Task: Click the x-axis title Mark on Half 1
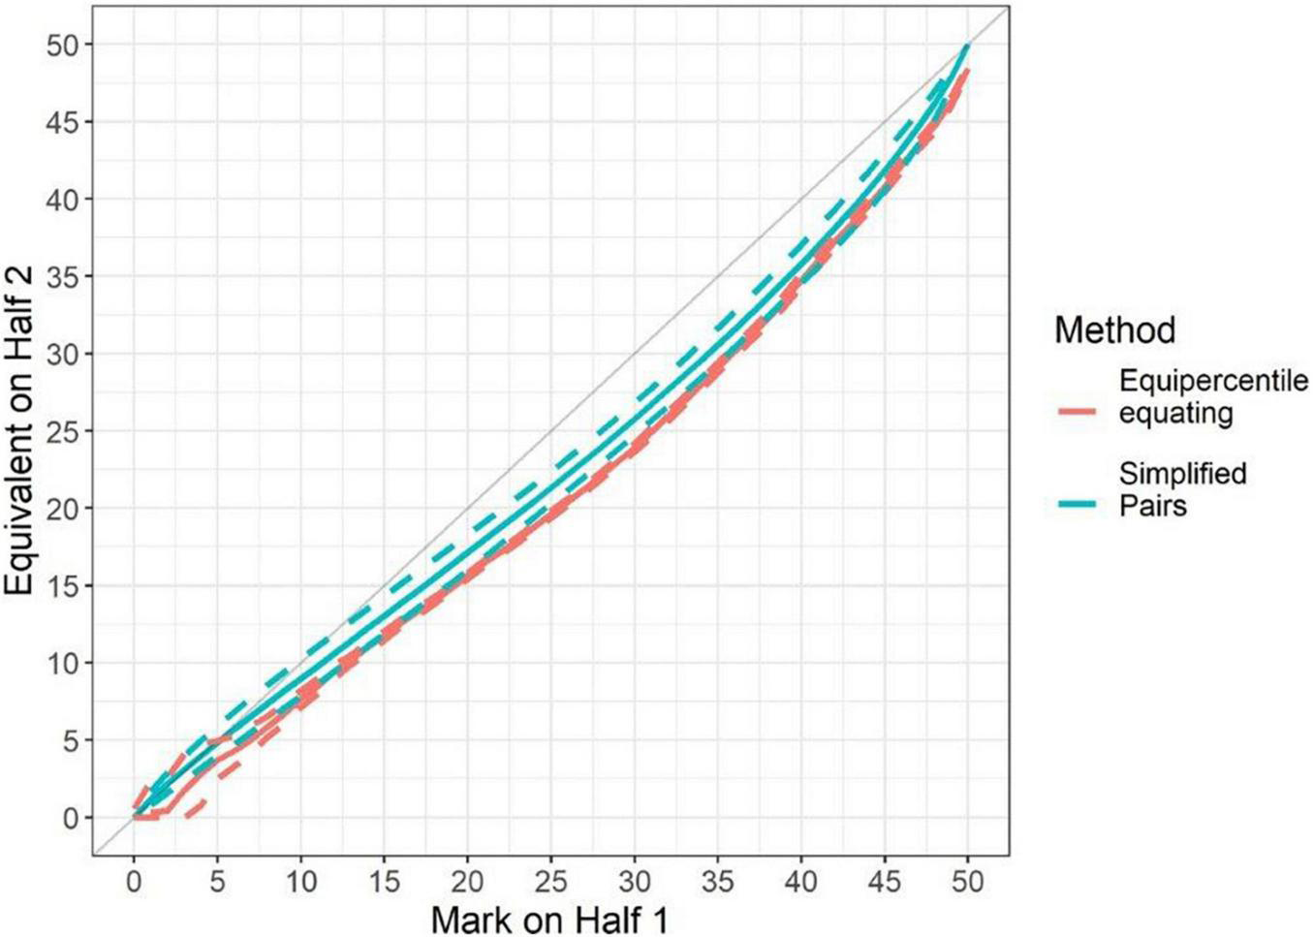pos(549,919)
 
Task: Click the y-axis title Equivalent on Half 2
pos(21,431)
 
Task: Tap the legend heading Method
pos(1114,330)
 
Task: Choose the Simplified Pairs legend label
pos(1182,489)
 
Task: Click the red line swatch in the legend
pos(1075,412)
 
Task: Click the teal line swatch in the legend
pos(1075,504)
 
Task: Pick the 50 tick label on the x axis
pos(968,881)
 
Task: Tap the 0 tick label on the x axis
pos(134,881)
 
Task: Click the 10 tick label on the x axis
pos(300,881)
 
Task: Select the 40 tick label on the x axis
pos(801,881)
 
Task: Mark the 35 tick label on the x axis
pos(718,881)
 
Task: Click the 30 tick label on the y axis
pos(66,354)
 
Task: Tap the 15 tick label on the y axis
pos(66,586)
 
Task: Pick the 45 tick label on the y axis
pos(66,122)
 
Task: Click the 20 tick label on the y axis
pos(66,509)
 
